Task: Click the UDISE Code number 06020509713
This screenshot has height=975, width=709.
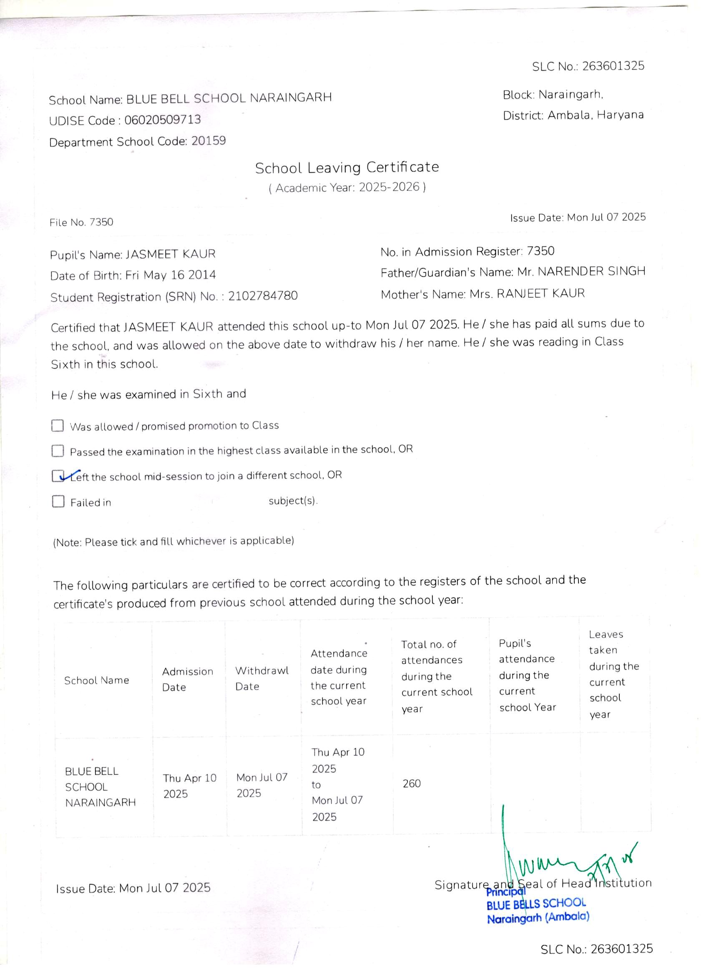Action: click(x=163, y=120)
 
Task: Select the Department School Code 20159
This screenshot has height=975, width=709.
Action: click(x=209, y=141)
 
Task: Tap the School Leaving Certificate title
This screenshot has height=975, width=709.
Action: click(x=347, y=167)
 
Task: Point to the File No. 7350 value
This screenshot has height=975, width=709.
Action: click(x=101, y=222)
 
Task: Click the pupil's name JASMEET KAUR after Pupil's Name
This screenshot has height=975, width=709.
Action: click(x=170, y=254)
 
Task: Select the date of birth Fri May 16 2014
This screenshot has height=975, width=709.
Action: click(x=171, y=275)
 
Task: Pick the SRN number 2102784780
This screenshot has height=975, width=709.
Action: click(x=263, y=296)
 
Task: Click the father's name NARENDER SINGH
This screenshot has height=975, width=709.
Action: click(x=592, y=271)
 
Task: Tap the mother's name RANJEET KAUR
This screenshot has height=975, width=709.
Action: click(x=541, y=294)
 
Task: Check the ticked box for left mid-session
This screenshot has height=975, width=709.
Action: click(x=58, y=476)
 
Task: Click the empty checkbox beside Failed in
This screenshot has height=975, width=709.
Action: click(x=58, y=502)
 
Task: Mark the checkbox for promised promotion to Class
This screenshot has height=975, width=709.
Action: click(x=58, y=426)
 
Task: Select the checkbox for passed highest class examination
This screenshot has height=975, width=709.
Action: click(x=58, y=451)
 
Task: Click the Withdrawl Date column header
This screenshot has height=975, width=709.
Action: click(x=262, y=678)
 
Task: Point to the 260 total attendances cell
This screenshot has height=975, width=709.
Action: click(x=412, y=784)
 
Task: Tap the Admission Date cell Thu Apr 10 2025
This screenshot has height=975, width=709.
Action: click(x=190, y=785)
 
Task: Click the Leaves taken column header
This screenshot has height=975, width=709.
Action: click(x=613, y=674)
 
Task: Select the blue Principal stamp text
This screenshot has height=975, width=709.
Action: click(x=505, y=892)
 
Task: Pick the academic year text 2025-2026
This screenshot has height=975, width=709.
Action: click(x=389, y=187)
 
